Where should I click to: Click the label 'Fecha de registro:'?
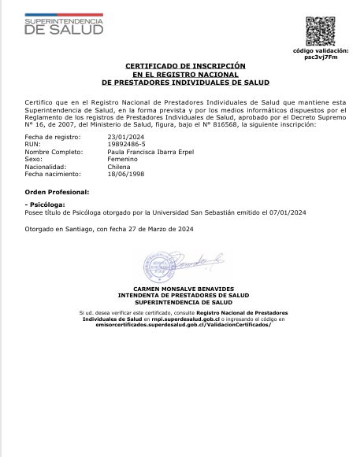pos(47,136)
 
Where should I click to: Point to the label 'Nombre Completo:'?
pos(49,152)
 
